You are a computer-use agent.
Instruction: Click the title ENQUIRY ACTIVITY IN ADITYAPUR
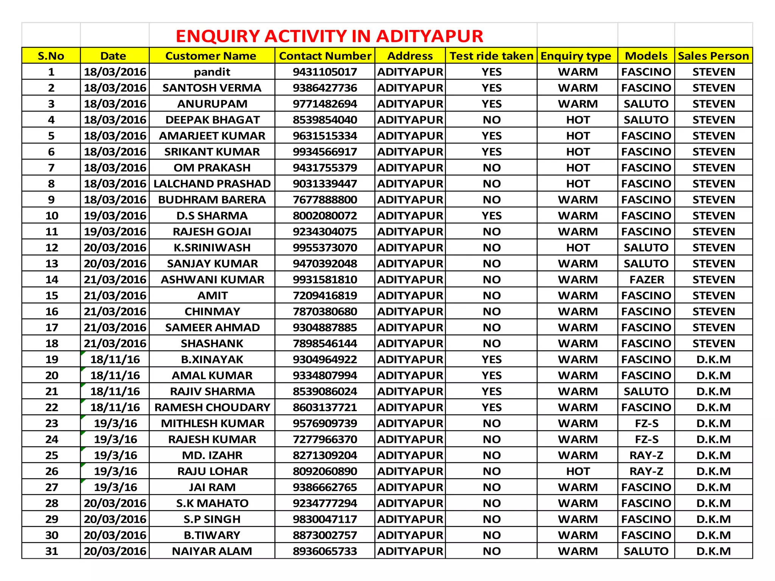pyautogui.click(x=329, y=36)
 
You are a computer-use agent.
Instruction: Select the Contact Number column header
pyautogui.click(x=325, y=56)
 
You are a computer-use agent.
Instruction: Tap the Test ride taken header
pyautogui.click(x=491, y=56)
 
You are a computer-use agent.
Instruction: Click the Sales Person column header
pyautogui.click(x=713, y=56)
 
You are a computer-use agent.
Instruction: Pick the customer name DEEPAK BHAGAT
pyautogui.click(x=212, y=120)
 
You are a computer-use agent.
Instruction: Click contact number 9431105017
pyautogui.click(x=325, y=72)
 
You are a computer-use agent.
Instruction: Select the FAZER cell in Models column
pyautogui.click(x=646, y=280)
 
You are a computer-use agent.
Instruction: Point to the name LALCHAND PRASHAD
pyautogui.click(x=212, y=184)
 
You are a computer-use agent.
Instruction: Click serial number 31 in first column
pyautogui.click(x=51, y=551)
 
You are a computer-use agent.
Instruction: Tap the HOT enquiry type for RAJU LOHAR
pyautogui.click(x=577, y=471)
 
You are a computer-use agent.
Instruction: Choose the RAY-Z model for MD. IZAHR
pyautogui.click(x=646, y=455)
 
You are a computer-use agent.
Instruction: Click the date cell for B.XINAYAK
pyautogui.click(x=115, y=359)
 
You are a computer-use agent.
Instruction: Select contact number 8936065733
pyautogui.click(x=325, y=551)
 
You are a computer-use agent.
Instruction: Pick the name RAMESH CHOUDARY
pyautogui.click(x=212, y=407)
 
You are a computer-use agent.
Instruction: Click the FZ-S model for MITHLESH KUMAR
pyautogui.click(x=646, y=423)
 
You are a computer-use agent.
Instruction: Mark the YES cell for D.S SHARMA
pyautogui.click(x=491, y=216)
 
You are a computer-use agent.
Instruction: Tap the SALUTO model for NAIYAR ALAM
pyautogui.click(x=646, y=551)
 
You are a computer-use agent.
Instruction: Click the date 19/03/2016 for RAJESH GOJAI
pyautogui.click(x=115, y=231)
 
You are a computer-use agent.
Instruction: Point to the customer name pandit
pyautogui.click(x=212, y=72)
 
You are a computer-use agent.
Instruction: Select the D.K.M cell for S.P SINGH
pyautogui.click(x=713, y=519)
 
